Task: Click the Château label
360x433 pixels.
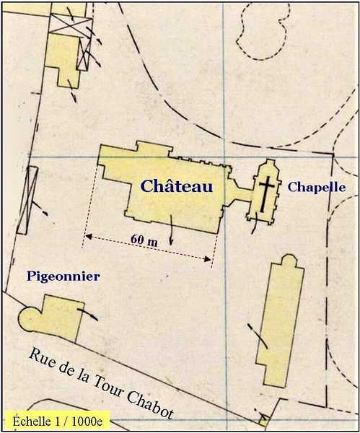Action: click(177, 186)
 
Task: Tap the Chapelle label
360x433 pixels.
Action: click(317, 187)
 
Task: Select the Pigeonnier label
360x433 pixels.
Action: click(63, 276)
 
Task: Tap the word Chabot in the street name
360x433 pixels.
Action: click(149, 399)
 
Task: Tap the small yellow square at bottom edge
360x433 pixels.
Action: click(264, 419)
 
